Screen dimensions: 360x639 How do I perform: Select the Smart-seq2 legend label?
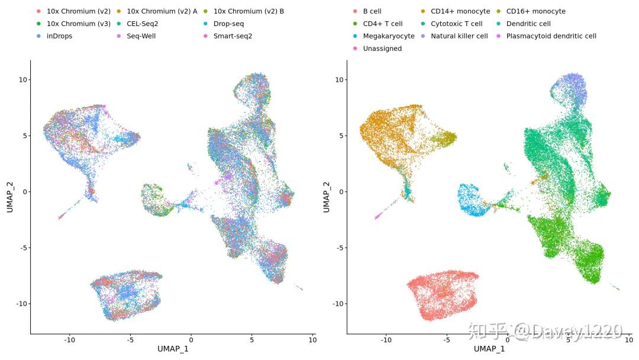(x=233, y=36)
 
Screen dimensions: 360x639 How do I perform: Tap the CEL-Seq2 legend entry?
(x=142, y=24)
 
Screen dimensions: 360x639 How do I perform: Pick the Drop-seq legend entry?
(x=228, y=24)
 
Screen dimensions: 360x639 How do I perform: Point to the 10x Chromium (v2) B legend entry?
(x=248, y=11)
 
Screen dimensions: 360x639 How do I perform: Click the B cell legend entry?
(x=372, y=11)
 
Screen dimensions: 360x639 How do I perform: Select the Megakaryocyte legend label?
(x=388, y=36)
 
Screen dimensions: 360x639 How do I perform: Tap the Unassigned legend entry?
(x=382, y=49)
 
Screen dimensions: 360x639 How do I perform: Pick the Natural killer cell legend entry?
(x=459, y=36)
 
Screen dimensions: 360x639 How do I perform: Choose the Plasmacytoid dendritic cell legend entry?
(x=551, y=36)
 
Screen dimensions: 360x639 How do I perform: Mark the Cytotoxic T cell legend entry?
(x=456, y=24)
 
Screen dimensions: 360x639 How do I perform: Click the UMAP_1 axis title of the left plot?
(x=173, y=349)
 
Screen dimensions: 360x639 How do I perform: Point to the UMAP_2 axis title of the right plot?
(x=326, y=197)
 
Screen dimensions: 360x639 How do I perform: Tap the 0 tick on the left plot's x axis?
(x=191, y=340)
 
